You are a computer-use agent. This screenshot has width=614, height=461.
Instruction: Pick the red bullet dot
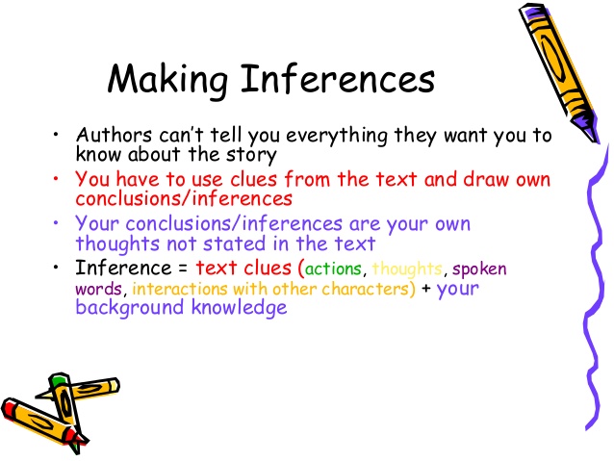click(58, 180)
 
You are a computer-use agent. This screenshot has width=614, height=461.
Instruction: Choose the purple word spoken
click(479, 269)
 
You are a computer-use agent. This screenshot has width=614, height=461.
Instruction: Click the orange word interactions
click(178, 288)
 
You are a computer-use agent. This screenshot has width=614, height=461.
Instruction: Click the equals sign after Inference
click(179, 269)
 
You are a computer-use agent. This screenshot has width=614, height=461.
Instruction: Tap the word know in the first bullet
click(94, 153)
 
